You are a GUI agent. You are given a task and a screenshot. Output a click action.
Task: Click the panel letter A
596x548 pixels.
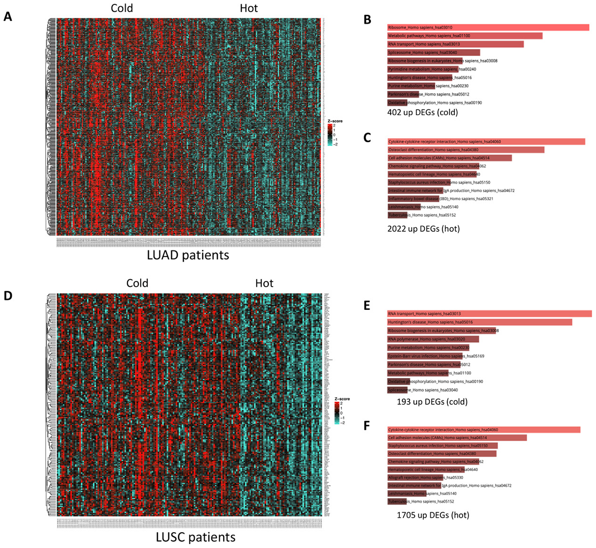[x=7, y=17]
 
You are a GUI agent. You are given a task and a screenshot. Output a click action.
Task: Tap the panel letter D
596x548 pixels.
[x=7, y=296]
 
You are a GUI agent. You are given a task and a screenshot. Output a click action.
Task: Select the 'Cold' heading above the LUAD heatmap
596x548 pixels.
[x=122, y=8]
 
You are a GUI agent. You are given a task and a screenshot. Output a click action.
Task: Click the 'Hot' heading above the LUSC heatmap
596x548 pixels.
[x=264, y=283]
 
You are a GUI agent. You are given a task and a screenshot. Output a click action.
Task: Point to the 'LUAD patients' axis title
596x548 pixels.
[x=188, y=255]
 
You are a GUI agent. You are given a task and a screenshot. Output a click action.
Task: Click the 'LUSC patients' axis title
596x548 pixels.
[x=195, y=537]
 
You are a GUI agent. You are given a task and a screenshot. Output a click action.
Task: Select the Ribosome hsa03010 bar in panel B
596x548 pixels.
[x=488, y=27]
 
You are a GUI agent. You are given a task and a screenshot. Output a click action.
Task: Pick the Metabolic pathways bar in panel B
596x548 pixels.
[x=465, y=36]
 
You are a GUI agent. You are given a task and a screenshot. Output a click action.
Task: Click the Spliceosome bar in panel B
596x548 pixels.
[x=434, y=52]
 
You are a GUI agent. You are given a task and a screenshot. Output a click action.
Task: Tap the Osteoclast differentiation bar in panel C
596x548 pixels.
[x=466, y=149]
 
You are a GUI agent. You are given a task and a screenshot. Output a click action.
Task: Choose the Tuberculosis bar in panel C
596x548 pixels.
[x=396, y=215]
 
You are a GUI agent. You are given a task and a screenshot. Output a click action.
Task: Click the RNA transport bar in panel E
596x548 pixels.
[x=489, y=314]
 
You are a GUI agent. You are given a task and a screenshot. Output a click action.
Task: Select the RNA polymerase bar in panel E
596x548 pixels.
[x=433, y=339]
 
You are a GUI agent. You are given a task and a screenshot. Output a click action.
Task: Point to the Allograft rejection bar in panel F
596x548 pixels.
[x=415, y=477]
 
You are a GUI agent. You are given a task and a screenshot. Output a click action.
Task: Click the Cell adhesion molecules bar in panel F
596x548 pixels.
[x=457, y=438]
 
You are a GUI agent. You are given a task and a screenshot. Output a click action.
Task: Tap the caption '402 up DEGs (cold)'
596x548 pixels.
[x=422, y=112]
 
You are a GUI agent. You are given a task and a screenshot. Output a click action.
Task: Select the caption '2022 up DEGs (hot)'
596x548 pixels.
[x=423, y=228]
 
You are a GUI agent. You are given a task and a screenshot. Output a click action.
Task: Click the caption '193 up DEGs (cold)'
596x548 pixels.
[x=432, y=402]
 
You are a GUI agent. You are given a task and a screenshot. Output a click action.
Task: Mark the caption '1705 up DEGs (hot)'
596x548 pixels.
[x=433, y=515]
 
